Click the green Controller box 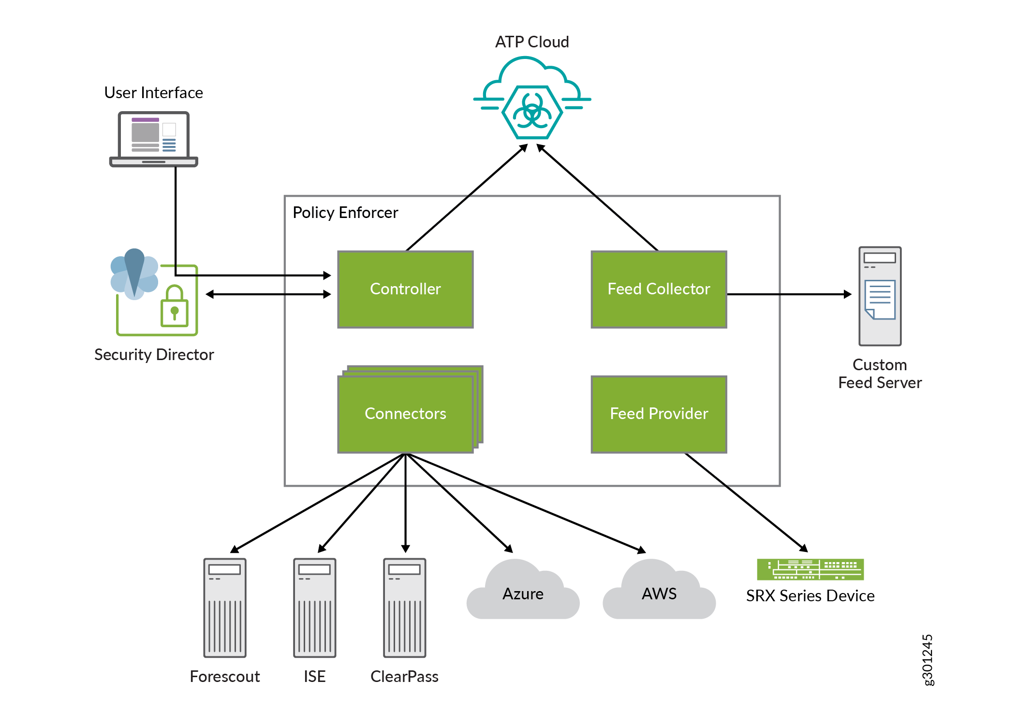tap(405, 289)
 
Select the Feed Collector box tap(659, 289)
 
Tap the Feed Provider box tap(659, 414)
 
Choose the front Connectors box tap(405, 414)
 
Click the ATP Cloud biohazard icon tap(532, 112)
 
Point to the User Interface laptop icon tap(154, 139)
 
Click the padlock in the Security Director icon tap(174, 307)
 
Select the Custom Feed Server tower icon tap(880, 296)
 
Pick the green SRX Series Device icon tap(810, 569)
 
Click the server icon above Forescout tap(225, 608)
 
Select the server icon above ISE tap(315, 608)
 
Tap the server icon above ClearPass tap(405, 608)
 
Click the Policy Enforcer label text tap(345, 213)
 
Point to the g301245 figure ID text tap(927, 660)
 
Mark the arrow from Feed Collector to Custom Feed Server tap(788, 294)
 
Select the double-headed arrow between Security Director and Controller tap(268, 294)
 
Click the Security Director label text tap(154, 355)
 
